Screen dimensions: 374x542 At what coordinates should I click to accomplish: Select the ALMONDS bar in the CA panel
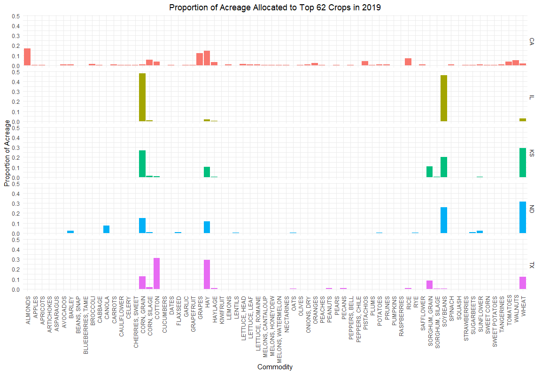pyautogui.click(x=27, y=57)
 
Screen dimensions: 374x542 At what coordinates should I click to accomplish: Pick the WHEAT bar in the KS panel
pyautogui.click(x=523, y=163)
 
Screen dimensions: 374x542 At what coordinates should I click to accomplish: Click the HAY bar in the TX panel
pyautogui.click(x=207, y=274)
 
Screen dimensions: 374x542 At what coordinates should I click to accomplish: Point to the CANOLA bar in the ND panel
pyautogui.click(x=106, y=229)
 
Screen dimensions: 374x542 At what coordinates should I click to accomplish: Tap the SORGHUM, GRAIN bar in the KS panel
pyautogui.click(x=429, y=171)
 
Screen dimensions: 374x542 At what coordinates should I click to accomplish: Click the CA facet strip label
pyautogui.click(x=532, y=41)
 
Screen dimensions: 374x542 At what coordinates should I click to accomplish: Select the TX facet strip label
pyautogui.click(x=532, y=265)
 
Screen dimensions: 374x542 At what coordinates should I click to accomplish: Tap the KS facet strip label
pyautogui.click(x=532, y=153)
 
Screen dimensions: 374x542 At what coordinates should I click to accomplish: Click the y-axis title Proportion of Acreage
pyautogui.click(x=7, y=153)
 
